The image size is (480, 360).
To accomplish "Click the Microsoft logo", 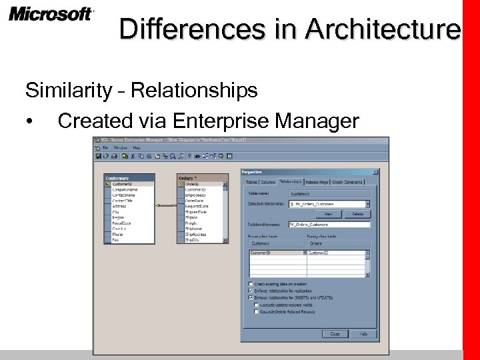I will (x=51, y=14).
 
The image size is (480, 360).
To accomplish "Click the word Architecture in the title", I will (x=383, y=30).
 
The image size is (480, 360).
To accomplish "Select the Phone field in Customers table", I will (x=117, y=234).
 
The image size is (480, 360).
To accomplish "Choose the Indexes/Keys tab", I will (x=317, y=181).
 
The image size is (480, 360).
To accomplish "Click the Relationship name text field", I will (x=329, y=225).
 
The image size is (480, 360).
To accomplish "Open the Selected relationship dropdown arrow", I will (x=367, y=204).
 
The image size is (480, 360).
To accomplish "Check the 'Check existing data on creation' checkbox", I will (x=251, y=283).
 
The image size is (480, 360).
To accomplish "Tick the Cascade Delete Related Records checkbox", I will (x=257, y=311).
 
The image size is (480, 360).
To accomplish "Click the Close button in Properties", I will (x=335, y=333).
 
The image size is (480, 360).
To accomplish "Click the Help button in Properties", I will (x=364, y=333).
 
